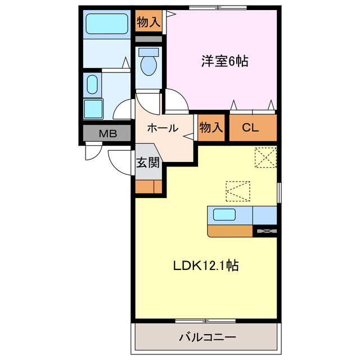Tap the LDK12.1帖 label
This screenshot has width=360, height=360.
[x=205, y=265]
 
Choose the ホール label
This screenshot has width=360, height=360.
[x=163, y=128]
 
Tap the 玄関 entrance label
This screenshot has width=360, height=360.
[x=148, y=163]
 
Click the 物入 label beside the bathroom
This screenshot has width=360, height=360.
[x=148, y=22]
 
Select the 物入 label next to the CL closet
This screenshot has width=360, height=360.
[x=211, y=128]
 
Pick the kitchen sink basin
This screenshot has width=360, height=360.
[x=224, y=214]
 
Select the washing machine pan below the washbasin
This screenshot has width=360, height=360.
[x=93, y=108]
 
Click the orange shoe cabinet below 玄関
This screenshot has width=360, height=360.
[x=148, y=187]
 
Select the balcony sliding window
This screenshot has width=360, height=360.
[x=205, y=321]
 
